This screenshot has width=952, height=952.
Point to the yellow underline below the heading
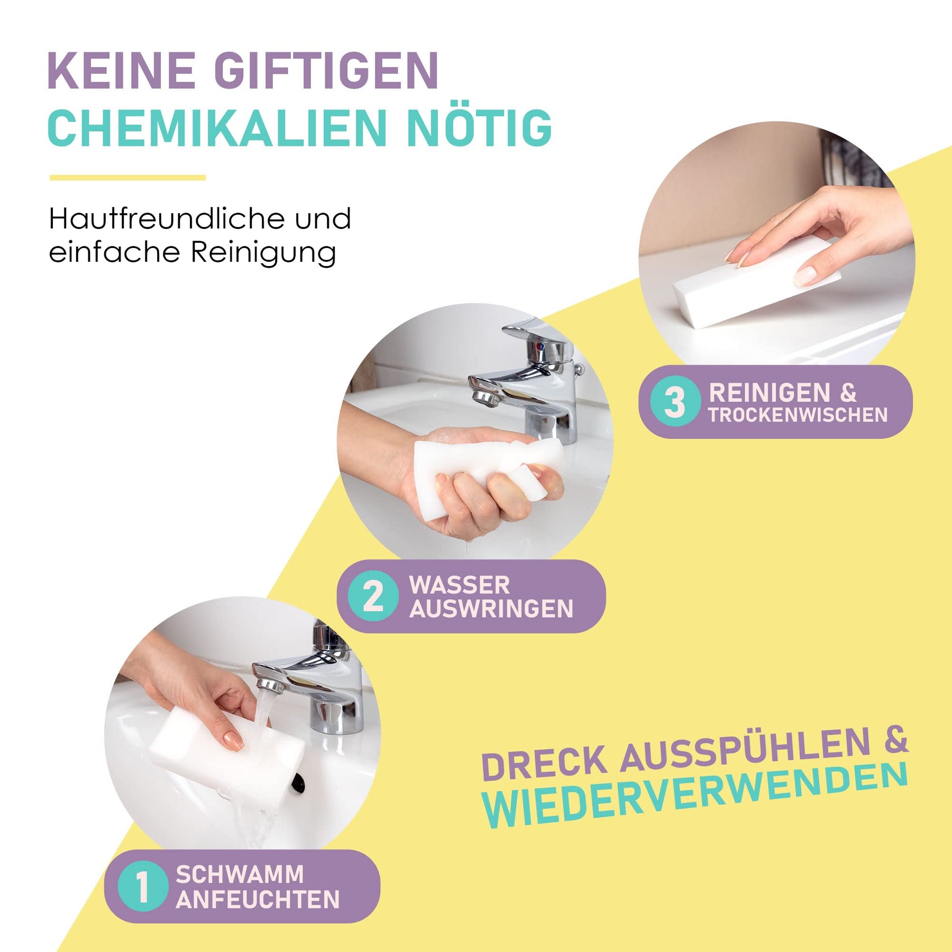(127, 178)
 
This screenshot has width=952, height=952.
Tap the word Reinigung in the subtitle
(263, 253)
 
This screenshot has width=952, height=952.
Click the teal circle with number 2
(373, 596)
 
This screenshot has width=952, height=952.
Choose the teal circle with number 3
(675, 401)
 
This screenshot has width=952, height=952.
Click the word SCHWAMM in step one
(240, 874)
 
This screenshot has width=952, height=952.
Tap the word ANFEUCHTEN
(258, 900)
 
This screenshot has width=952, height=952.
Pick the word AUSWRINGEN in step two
(491, 609)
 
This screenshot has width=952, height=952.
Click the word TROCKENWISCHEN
(798, 415)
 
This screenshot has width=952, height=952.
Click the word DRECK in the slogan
(545, 762)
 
